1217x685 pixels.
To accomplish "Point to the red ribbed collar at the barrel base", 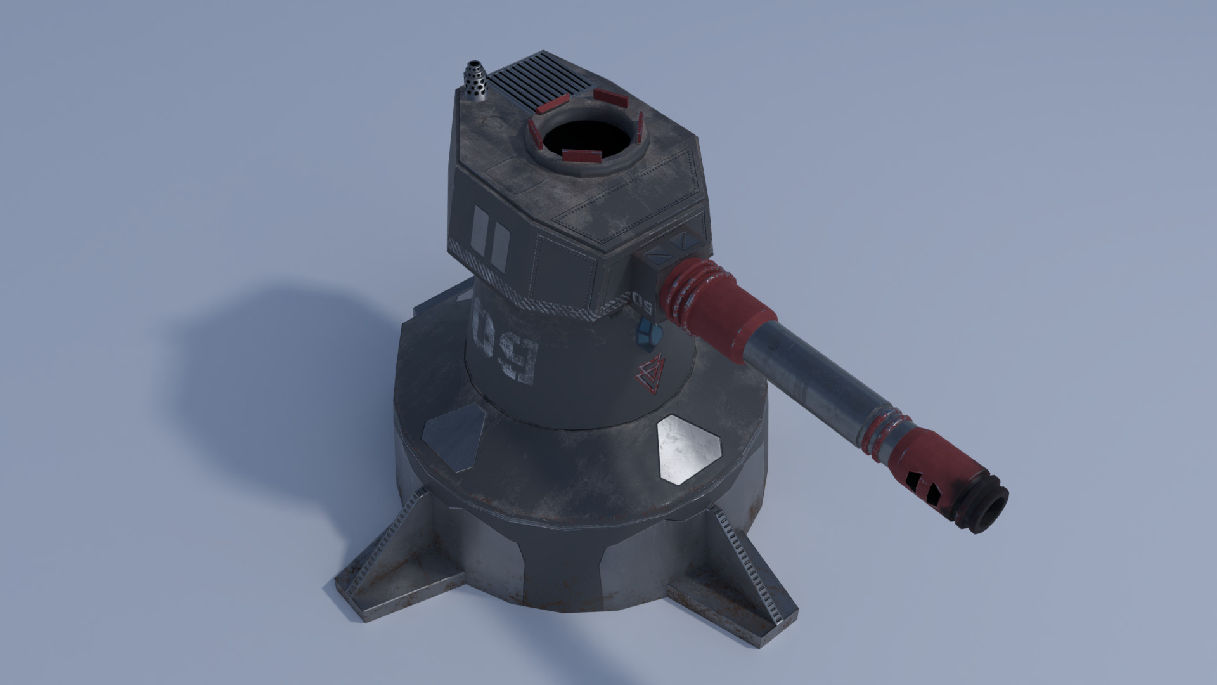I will [x=691, y=291].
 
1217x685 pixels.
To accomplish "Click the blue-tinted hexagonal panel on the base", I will [x=453, y=437].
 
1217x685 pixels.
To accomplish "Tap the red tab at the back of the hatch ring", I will [x=610, y=97].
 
